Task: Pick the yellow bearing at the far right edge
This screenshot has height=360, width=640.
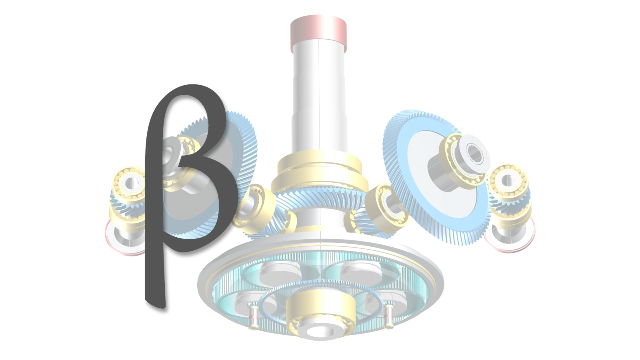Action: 508,180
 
